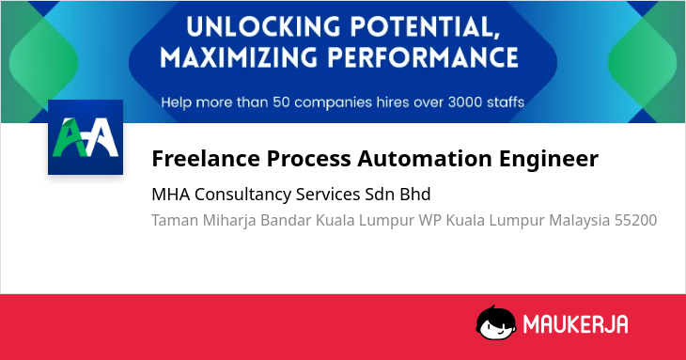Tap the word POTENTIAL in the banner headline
[425, 27]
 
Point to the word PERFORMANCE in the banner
[423, 57]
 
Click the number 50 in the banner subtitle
[281, 102]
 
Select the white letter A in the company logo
[101, 137]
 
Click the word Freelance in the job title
[206, 158]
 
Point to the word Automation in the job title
[425, 158]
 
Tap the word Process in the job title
[308, 158]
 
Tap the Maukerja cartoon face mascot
[496, 322]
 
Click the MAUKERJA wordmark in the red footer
[576, 324]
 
